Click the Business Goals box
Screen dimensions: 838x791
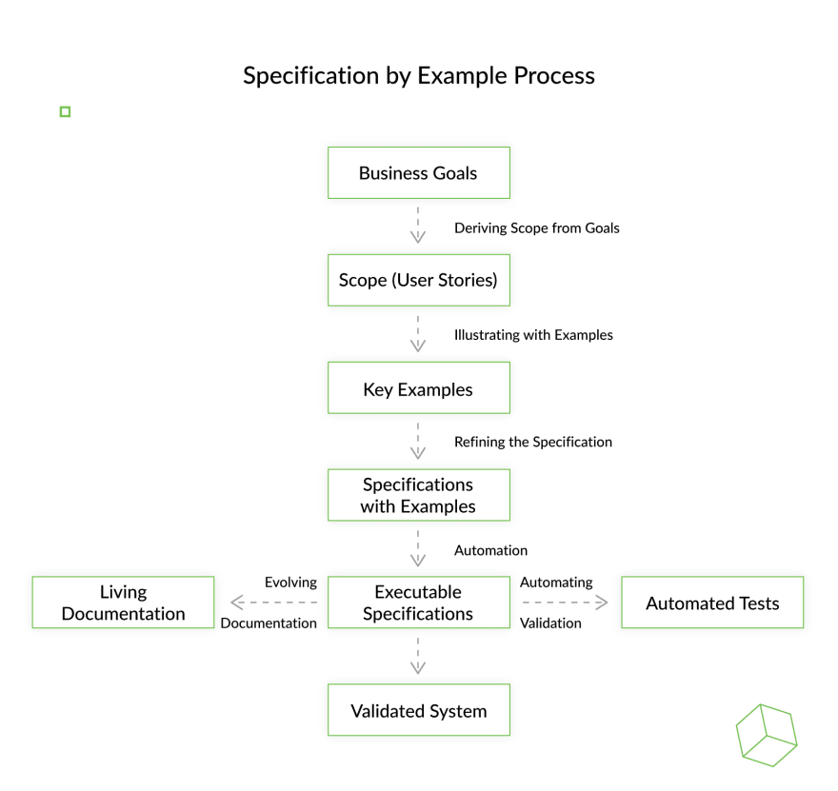coord(418,172)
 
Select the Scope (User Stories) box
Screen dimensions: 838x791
coord(418,280)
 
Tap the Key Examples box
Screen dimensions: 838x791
coord(418,387)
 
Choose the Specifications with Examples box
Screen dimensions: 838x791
coord(418,495)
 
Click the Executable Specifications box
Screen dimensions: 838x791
coord(418,603)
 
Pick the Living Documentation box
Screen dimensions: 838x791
coord(123,603)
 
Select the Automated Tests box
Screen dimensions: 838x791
coord(712,603)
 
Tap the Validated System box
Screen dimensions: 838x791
coord(418,710)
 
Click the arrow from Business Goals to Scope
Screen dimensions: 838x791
coord(418,225)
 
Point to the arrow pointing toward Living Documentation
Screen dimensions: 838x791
coord(273,603)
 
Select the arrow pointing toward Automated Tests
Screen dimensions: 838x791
coord(565,603)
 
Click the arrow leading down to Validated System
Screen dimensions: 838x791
coord(418,656)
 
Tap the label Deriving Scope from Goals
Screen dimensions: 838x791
coord(536,228)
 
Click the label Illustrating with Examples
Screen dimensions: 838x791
coord(533,335)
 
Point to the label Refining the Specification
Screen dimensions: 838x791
coord(533,442)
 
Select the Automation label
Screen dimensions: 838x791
coord(490,550)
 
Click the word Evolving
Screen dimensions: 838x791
coord(290,583)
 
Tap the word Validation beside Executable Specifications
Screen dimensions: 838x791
coord(550,623)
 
